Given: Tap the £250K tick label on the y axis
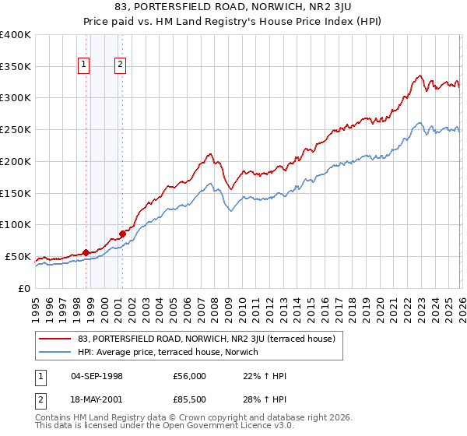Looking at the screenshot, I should tap(16, 130).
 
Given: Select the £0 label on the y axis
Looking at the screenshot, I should tap(24, 288).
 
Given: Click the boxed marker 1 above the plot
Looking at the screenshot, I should tap(84, 65).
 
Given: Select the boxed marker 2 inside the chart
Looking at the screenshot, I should tap(121, 65).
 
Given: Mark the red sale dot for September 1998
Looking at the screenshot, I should tap(86, 251).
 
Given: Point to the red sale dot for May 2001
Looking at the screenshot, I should tap(122, 233).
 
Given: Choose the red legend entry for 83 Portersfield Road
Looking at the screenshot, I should tap(206, 339).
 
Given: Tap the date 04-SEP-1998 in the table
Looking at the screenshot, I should tap(97, 376).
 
